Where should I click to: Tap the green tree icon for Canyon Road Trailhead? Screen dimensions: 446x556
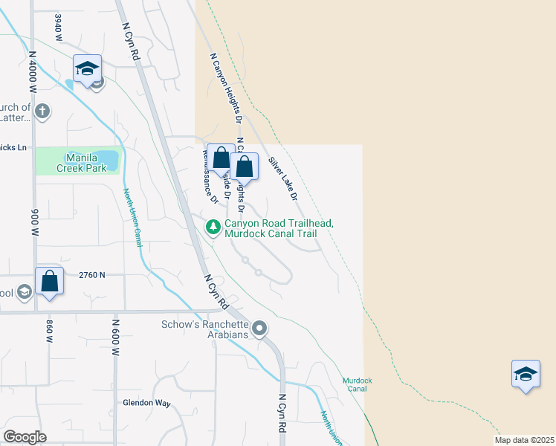(213, 226)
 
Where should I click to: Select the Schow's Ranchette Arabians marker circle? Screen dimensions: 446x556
(259, 328)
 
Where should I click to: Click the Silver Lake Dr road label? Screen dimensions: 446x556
(283, 179)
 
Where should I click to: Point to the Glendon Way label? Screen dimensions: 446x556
(146, 404)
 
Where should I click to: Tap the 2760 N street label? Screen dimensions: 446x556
(93, 275)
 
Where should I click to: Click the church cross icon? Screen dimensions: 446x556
(43, 112)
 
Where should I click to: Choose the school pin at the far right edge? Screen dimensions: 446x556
(526, 374)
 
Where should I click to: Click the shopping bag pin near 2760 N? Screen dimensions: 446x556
(49, 282)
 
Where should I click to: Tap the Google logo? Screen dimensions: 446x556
(25, 437)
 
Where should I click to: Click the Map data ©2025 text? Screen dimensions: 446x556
(524, 440)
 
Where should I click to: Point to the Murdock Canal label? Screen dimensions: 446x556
(357, 384)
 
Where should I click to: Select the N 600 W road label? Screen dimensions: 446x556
(116, 338)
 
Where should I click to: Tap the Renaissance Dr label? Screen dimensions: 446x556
(209, 175)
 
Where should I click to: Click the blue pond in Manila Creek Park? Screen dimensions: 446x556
(108, 159)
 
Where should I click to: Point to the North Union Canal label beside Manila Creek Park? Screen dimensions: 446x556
(132, 217)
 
